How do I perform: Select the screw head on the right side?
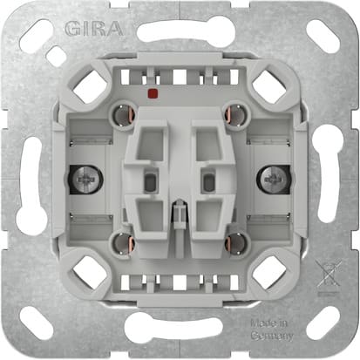tap(266, 181)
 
